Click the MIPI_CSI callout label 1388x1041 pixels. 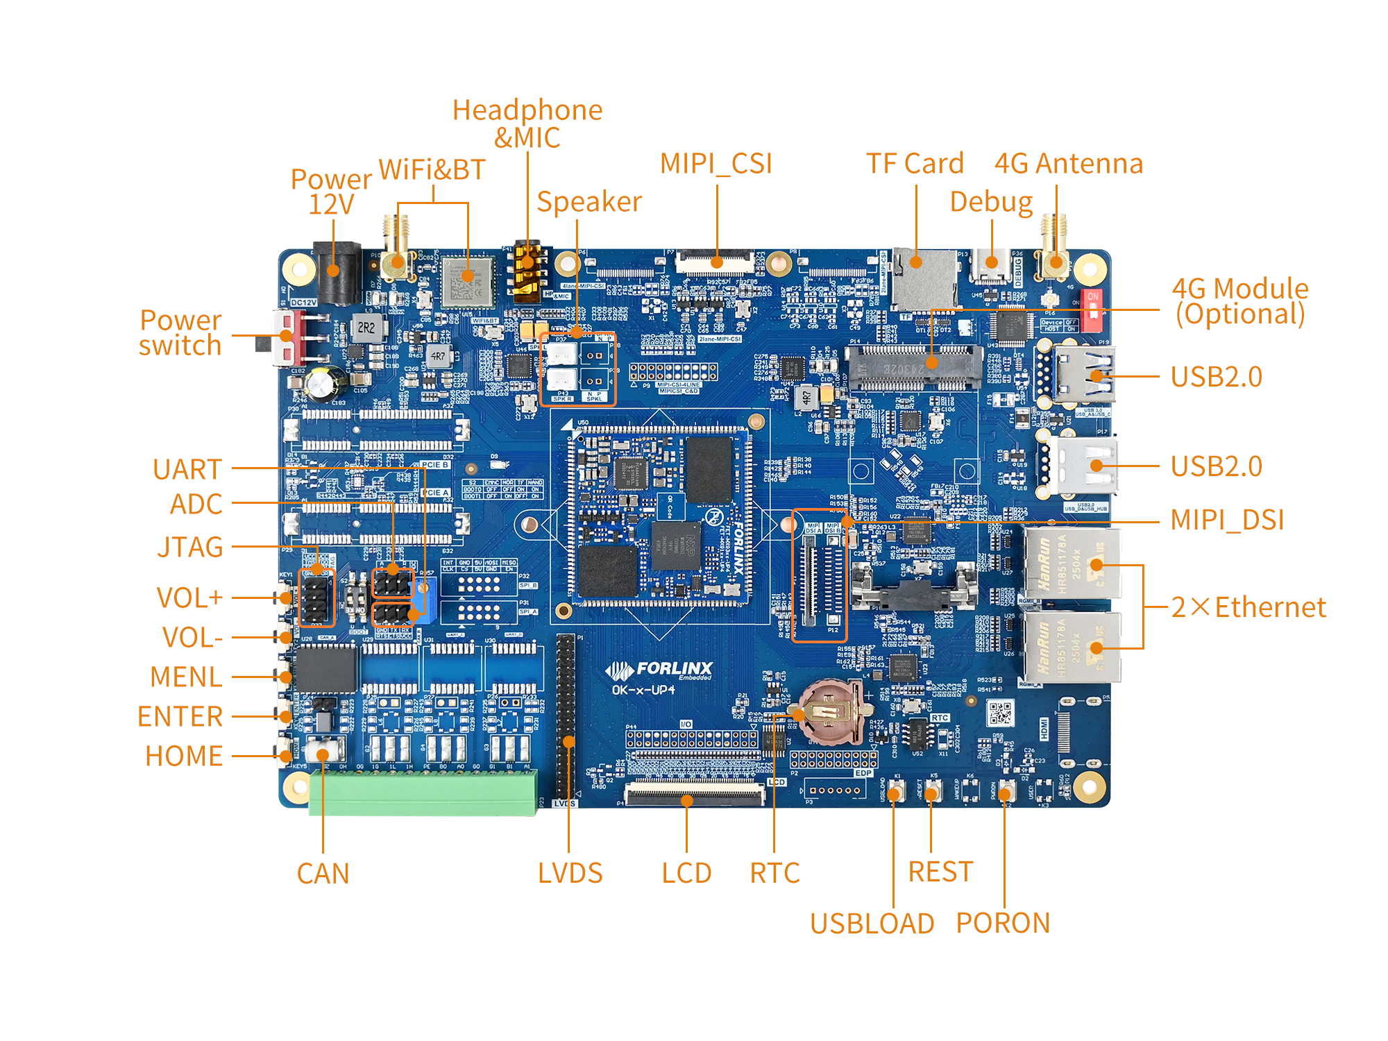point(716,164)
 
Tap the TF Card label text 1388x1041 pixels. point(915,164)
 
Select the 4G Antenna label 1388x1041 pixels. point(1068,164)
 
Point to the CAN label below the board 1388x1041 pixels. point(323,874)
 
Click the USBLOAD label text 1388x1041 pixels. point(872,924)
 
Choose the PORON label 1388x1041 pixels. point(1003,923)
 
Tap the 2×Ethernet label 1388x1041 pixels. point(1248,607)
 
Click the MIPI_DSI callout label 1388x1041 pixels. point(1227,520)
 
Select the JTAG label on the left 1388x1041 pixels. point(190,547)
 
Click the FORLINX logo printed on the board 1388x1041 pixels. point(659,670)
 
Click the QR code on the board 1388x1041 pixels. point(1001,713)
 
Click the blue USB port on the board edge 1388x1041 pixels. point(1084,375)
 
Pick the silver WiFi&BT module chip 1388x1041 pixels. point(468,281)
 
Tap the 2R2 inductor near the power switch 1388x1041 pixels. point(366,327)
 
